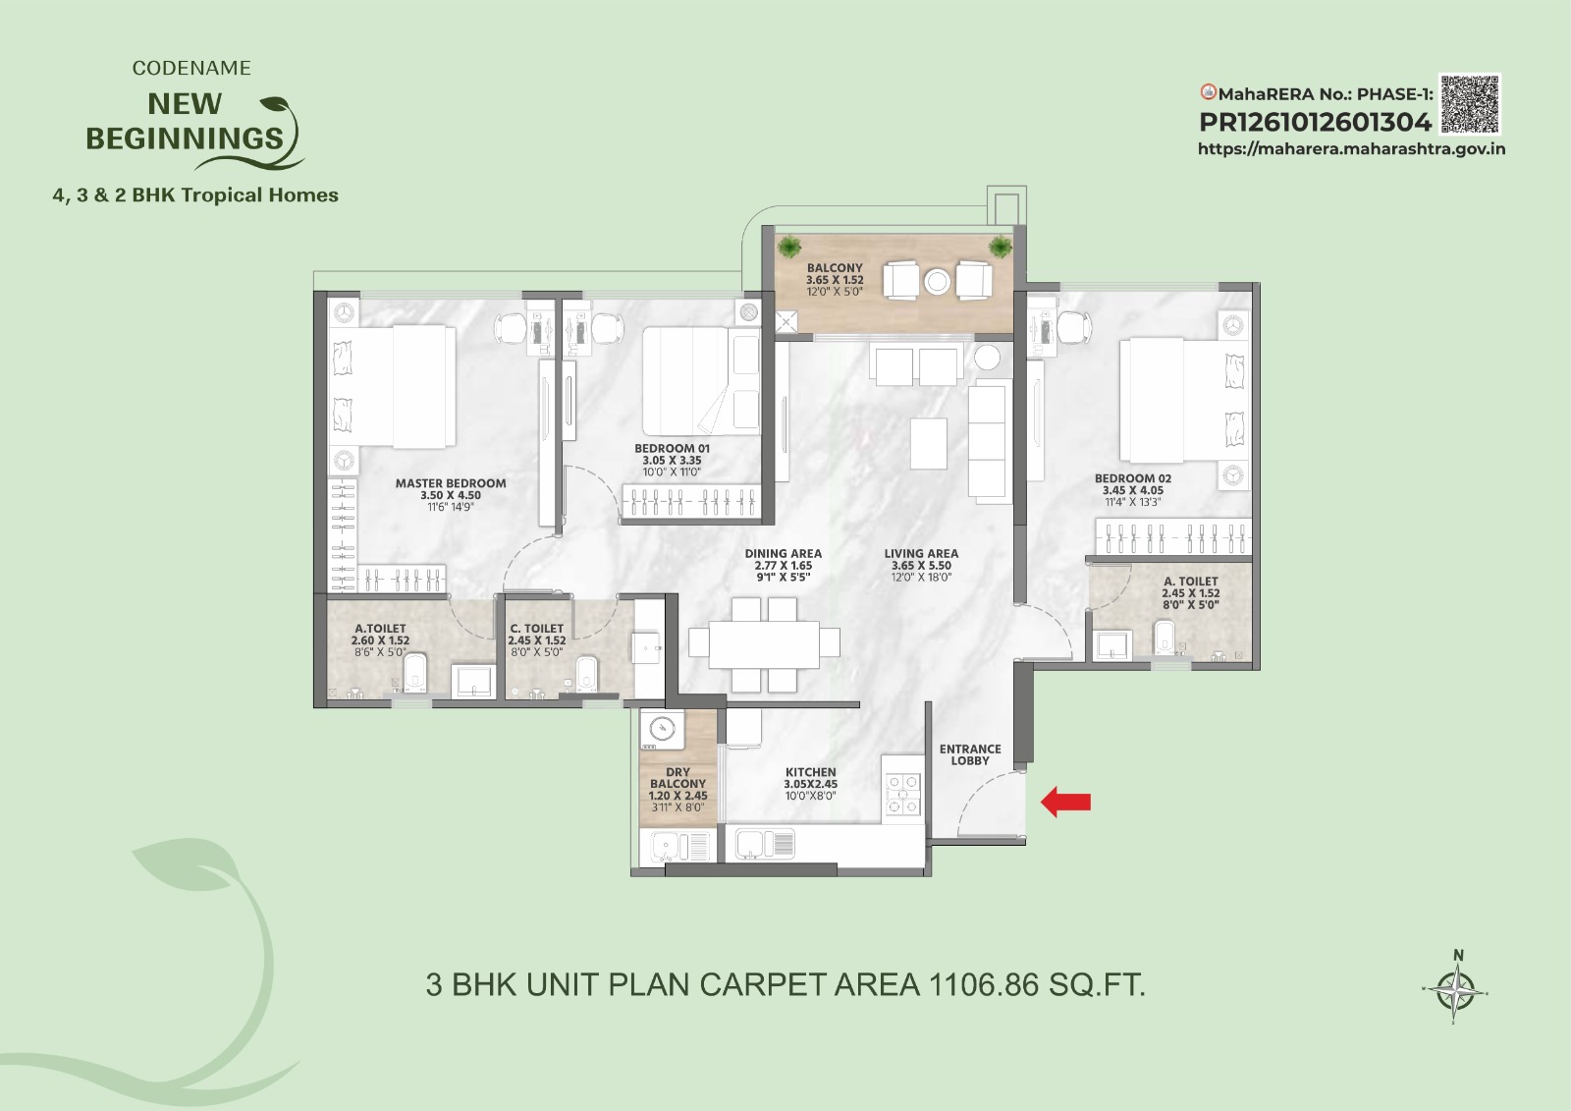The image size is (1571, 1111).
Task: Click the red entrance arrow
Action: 1065,802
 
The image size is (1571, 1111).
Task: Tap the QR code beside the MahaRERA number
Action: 1469,104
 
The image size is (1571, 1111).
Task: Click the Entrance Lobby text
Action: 970,754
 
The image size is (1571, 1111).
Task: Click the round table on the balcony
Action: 937,282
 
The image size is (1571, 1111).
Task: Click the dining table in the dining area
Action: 764,644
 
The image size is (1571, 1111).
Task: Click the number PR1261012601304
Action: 1315,123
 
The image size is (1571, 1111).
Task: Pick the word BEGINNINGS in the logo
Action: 185,139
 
